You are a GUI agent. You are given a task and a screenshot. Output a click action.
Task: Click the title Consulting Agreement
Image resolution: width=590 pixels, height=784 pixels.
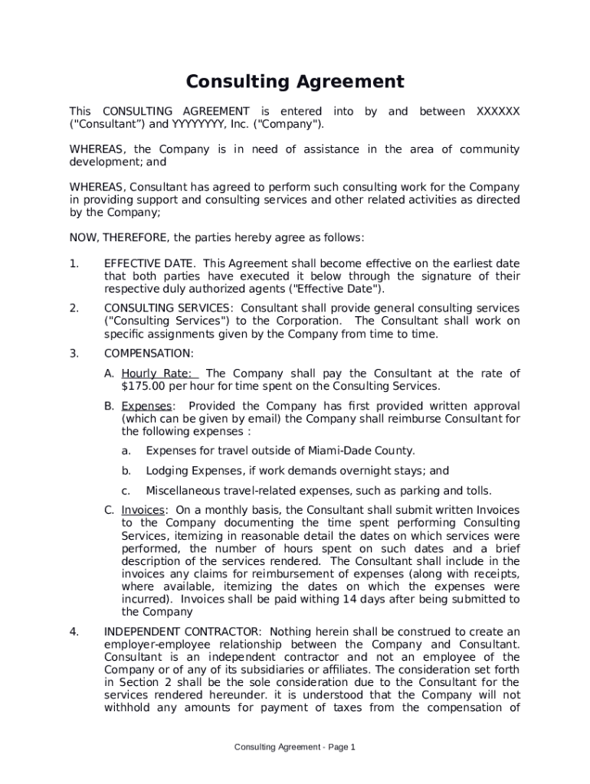295,82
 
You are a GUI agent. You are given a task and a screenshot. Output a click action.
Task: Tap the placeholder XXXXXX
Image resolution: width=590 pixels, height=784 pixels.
497,112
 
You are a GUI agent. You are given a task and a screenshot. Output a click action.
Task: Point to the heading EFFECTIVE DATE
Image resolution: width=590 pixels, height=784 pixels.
149,264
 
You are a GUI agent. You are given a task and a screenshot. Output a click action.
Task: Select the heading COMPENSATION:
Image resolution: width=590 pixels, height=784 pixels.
149,354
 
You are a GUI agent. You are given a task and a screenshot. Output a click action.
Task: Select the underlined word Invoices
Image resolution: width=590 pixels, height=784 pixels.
143,510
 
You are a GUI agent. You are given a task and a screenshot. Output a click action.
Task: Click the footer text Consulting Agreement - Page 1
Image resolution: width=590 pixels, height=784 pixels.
295,746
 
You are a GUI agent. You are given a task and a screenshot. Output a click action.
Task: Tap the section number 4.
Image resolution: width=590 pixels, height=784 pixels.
74,632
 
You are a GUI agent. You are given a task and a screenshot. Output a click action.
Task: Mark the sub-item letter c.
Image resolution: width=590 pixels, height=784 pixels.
125,491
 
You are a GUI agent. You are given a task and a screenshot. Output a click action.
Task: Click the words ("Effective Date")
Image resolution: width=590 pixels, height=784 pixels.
336,289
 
